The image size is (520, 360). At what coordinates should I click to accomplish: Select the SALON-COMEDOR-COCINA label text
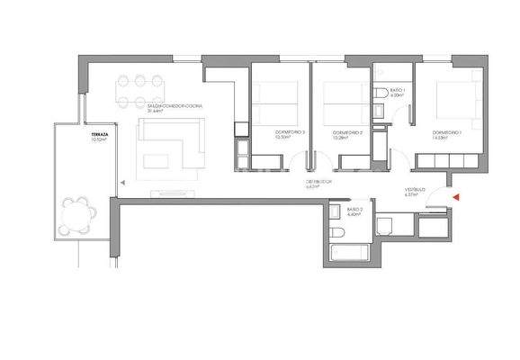(x=180, y=106)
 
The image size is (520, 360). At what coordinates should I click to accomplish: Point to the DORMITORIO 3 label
(x=291, y=132)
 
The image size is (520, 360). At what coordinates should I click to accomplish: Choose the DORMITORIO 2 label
(x=347, y=132)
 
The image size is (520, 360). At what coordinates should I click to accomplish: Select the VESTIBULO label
(x=415, y=189)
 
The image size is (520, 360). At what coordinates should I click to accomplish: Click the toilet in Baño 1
(x=384, y=93)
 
